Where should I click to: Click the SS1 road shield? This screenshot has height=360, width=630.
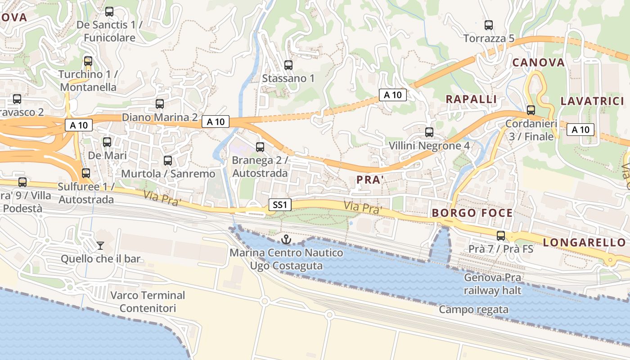click(x=279, y=205)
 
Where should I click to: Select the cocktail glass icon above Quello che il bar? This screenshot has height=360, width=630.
click(x=100, y=245)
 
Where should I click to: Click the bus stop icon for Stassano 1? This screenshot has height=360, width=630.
click(x=288, y=65)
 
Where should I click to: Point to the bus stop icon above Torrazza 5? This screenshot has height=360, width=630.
click(x=489, y=25)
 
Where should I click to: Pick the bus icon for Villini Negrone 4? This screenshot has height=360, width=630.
click(x=429, y=132)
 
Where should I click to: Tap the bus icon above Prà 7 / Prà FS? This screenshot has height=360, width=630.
click(x=500, y=235)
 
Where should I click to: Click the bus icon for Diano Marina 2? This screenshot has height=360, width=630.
click(x=160, y=104)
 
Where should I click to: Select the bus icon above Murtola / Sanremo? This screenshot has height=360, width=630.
click(x=168, y=160)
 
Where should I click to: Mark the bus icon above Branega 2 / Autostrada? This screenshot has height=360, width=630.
click(x=260, y=147)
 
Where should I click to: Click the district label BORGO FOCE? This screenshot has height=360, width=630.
click(x=472, y=213)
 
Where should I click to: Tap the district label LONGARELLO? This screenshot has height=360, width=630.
click(x=584, y=243)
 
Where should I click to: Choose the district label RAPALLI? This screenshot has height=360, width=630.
click(x=471, y=99)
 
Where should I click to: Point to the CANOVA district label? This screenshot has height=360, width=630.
click(x=538, y=63)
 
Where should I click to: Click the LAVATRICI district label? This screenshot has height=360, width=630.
click(x=592, y=101)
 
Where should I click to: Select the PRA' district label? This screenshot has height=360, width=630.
click(x=370, y=180)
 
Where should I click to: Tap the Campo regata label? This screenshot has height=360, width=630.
click(x=473, y=310)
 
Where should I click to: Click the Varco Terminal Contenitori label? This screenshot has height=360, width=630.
click(x=148, y=302)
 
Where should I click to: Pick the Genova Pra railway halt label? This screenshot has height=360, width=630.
click(x=493, y=284)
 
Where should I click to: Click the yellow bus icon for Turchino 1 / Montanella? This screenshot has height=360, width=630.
click(x=88, y=61)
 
